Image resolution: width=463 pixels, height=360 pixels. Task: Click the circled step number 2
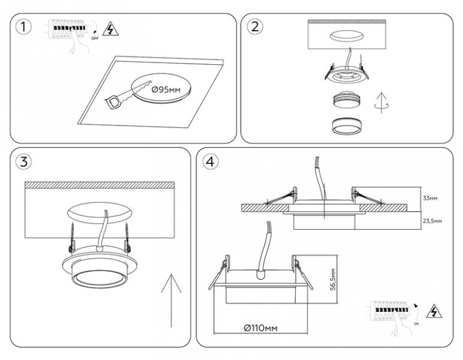[x=255, y=27]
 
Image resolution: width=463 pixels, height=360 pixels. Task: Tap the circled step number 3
[x=23, y=162]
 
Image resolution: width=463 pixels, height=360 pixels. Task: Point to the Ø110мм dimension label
[x=260, y=328]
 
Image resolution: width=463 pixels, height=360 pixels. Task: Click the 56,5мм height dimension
[x=333, y=278]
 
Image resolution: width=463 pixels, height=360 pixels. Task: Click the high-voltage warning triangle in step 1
[x=109, y=28]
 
